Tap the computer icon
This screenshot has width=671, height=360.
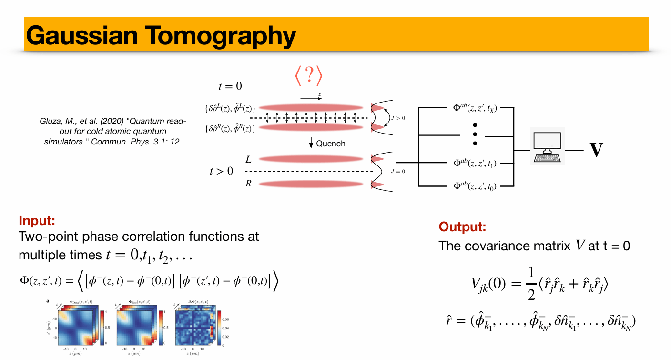548,146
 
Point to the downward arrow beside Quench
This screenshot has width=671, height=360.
312,143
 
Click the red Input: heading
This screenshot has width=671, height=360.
37,220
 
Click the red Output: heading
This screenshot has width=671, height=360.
462,226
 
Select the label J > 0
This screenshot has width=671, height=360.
397,117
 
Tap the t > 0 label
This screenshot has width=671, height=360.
222,171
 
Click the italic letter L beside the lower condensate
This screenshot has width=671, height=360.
249,159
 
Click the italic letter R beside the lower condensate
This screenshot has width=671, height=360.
249,183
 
